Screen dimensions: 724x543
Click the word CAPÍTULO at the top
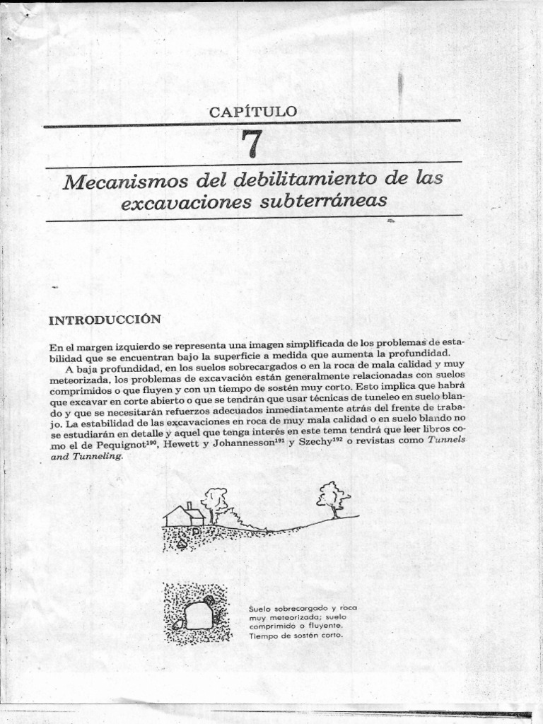coord(252,112)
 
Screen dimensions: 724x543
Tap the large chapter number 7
coord(252,144)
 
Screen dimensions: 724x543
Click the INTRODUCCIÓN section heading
coord(105,320)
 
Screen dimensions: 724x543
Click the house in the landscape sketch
coord(184,516)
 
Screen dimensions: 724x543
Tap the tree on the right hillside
coord(332,498)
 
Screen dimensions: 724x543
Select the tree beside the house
coord(214,502)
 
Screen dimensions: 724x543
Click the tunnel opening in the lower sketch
coord(198,615)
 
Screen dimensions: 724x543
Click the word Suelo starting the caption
coord(260,609)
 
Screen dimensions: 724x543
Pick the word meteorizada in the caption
coord(289,617)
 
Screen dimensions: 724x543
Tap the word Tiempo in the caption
coord(264,636)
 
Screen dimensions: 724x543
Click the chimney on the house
coord(189,506)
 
